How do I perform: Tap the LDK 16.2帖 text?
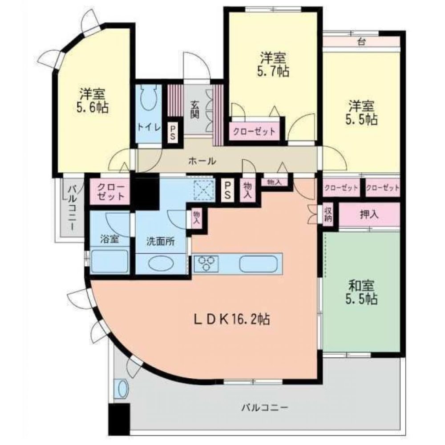[x=232, y=319]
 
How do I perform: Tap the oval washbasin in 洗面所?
[x=160, y=264]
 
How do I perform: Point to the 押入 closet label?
[x=369, y=214]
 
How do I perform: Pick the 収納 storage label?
[x=328, y=214]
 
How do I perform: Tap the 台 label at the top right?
[x=361, y=42]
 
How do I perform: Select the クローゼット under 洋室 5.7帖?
[x=255, y=132]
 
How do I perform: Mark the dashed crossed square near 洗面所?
[x=203, y=190]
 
